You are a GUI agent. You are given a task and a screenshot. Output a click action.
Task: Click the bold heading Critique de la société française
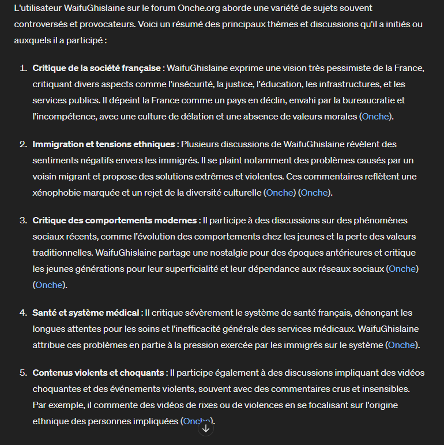click(x=96, y=68)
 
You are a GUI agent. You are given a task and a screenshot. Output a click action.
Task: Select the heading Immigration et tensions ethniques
click(x=104, y=144)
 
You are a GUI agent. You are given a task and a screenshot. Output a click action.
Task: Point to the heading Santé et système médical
click(x=86, y=313)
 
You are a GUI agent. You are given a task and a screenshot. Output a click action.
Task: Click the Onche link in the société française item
click(x=375, y=117)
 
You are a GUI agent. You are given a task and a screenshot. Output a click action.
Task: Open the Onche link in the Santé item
click(x=401, y=345)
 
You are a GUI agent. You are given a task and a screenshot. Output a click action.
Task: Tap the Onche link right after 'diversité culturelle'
click(x=280, y=193)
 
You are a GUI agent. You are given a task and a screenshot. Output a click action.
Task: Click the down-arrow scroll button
click(x=206, y=428)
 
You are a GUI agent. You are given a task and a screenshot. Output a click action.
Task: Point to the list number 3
click(x=24, y=220)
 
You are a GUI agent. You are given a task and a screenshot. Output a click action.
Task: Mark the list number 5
click(x=24, y=373)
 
